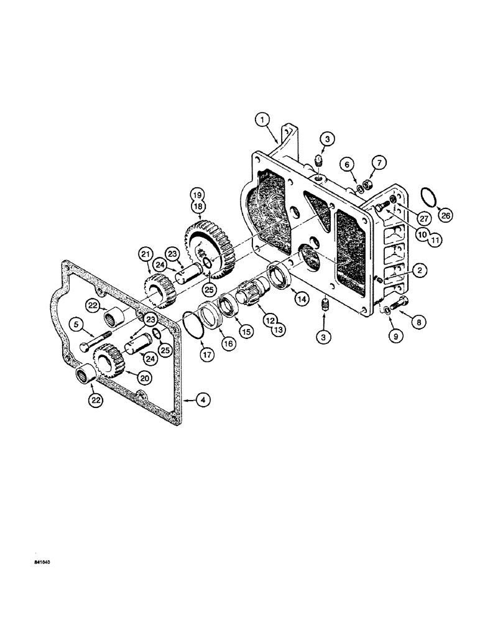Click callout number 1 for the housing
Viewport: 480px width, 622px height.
click(263, 118)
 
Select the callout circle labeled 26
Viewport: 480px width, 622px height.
click(446, 216)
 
